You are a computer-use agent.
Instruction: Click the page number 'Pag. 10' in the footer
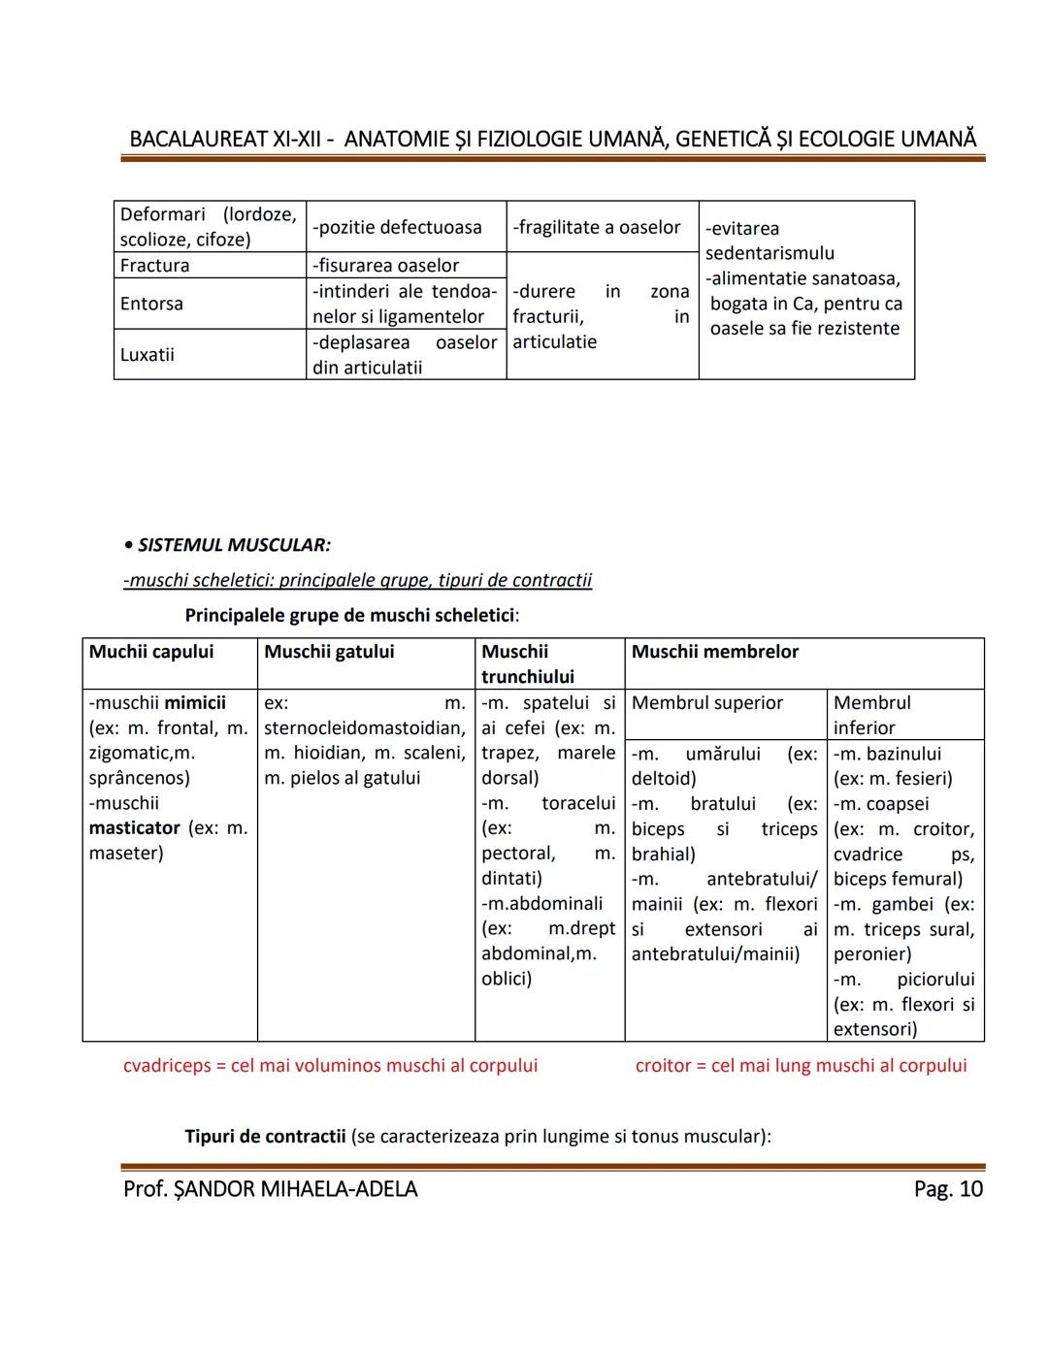[x=947, y=1189]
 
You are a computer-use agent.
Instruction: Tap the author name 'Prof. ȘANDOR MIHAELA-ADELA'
[x=270, y=1189]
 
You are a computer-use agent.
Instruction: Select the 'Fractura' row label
[x=154, y=266]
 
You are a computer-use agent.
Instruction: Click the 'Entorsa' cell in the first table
[x=151, y=304]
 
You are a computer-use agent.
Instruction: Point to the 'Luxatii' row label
[x=147, y=354]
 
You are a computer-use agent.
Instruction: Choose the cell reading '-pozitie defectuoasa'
[x=397, y=227]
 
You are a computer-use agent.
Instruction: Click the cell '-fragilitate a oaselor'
[x=597, y=227]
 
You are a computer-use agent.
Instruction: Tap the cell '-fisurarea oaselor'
[x=385, y=266]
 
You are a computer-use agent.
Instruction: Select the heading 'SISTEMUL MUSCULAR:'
[x=233, y=545]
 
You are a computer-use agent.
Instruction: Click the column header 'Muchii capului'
[x=151, y=652]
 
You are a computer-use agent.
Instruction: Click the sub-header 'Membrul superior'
[x=706, y=703]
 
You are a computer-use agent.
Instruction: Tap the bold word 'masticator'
[x=134, y=828]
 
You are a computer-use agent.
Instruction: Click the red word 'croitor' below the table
[x=665, y=1066]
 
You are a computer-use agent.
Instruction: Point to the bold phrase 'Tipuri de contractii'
[x=265, y=1136]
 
